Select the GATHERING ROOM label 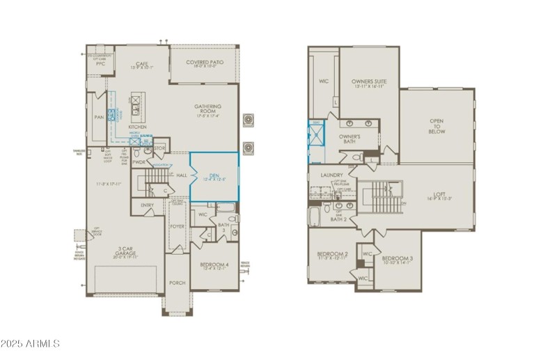[x=207, y=109]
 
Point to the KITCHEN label [x=137, y=127]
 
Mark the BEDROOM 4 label [x=213, y=265]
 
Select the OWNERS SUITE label [x=369, y=81]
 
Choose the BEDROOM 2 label [x=332, y=253]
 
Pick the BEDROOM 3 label [x=398, y=258]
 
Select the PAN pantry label [x=100, y=117]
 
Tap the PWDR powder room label [x=139, y=162]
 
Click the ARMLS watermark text [x=31, y=344]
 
